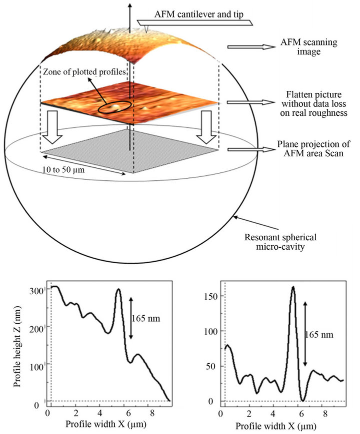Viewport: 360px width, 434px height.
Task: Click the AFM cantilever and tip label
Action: pyautogui.click(x=198, y=14)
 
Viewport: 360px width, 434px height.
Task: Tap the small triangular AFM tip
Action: pyautogui.click(x=146, y=28)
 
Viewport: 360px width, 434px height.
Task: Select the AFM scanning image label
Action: pyautogui.click(x=308, y=47)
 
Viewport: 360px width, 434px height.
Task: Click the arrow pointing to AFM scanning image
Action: pyautogui.click(x=251, y=47)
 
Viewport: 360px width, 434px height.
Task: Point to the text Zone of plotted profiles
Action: pyautogui.click(x=84, y=72)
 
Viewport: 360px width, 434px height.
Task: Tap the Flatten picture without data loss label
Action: pyautogui.click(x=313, y=103)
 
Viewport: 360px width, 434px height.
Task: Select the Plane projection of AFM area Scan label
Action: pyautogui.click(x=313, y=149)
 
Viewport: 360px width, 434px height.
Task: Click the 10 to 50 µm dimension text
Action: pyautogui.click(x=63, y=169)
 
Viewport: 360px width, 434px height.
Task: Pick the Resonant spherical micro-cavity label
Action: pyautogui.click(x=280, y=242)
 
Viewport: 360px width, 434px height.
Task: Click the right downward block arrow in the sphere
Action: pyautogui.click(x=206, y=127)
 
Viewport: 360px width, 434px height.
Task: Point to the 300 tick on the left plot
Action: pyautogui.click(x=35, y=292)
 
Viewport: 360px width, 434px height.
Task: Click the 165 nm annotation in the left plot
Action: pyautogui.click(x=146, y=318)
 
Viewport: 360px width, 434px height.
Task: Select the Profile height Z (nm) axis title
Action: pyautogui.click(x=17, y=346)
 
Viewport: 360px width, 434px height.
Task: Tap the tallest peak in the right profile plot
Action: pyautogui.click(x=293, y=287)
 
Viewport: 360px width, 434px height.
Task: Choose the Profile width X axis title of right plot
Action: pyautogui.click(x=276, y=426)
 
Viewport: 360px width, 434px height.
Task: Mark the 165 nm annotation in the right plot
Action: pyautogui.click(x=319, y=335)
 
